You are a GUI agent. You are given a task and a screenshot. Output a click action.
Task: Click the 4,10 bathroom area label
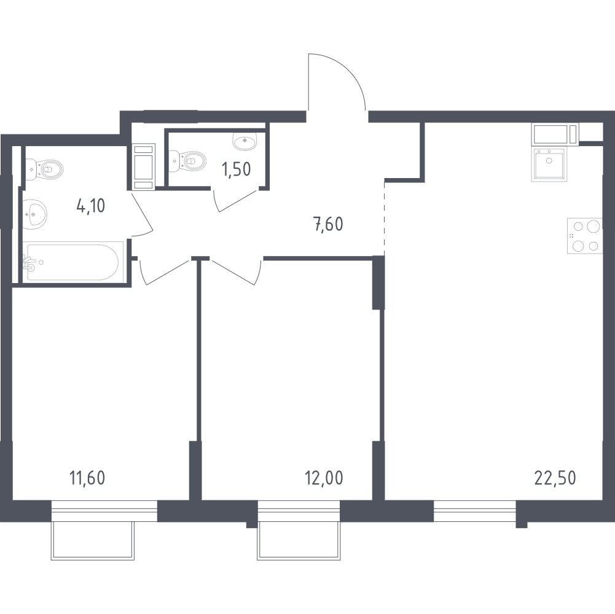(91, 206)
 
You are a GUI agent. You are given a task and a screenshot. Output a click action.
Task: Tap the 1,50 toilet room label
(236, 169)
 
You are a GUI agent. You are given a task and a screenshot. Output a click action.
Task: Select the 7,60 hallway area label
(329, 224)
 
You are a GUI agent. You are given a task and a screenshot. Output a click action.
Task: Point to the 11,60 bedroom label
(87, 478)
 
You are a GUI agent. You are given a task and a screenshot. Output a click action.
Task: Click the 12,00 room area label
(324, 478)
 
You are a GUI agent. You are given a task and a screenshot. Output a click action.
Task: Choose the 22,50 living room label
(555, 478)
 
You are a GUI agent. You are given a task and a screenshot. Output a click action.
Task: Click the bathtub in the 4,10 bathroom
(72, 262)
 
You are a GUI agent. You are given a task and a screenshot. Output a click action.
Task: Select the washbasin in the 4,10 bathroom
(35, 214)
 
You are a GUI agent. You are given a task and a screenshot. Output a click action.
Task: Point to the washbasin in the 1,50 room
(245, 141)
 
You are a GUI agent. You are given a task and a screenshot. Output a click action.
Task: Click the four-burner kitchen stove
(584, 236)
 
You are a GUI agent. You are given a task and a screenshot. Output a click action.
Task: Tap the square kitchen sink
(549, 165)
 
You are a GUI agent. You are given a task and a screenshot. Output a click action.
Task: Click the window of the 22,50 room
(475, 511)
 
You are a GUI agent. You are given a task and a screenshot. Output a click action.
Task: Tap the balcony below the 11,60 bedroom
(93, 541)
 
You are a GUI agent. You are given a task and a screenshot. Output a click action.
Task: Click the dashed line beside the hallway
(385, 219)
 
